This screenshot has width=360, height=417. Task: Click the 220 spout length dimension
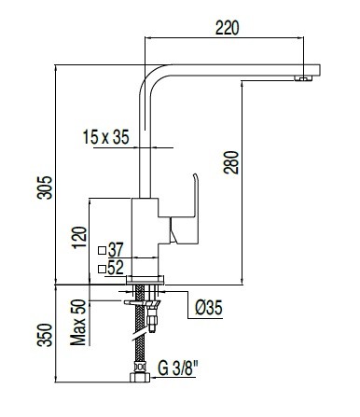[226, 27]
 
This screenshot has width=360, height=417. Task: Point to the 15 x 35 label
[104, 138]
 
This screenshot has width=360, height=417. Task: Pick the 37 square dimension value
[117, 249]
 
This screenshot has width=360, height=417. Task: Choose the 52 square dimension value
[117, 269]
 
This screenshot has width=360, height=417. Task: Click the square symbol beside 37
[102, 250]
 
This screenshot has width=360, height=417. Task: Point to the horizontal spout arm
[233, 70]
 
